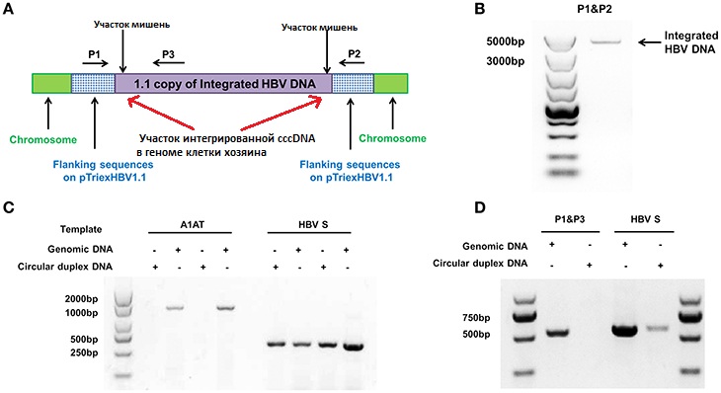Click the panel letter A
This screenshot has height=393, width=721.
point(8,9)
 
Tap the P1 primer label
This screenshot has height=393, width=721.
point(94,54)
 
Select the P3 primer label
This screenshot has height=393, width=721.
point(168,54)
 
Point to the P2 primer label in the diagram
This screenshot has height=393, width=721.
point(354,53)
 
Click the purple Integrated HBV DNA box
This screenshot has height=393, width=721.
point(223,84)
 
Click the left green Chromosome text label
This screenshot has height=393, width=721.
point(43,139)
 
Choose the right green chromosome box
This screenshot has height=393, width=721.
point(391,83)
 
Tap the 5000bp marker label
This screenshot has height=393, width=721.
point(506,41)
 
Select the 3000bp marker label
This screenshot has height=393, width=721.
point(506,61)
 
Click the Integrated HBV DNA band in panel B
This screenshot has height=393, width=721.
point(605,42)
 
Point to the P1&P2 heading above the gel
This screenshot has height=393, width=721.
point(595,9)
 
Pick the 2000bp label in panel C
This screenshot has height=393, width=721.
point(81,299)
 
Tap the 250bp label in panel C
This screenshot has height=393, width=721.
point(84,353)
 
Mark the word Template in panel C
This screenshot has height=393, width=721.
point(81,229)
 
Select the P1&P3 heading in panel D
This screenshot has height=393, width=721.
point(570,219)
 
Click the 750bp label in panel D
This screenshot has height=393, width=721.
point(476,318)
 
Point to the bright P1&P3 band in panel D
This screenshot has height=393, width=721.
point(557,332)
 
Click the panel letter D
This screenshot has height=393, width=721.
point(480,207)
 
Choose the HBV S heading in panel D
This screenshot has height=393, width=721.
point(645,219)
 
